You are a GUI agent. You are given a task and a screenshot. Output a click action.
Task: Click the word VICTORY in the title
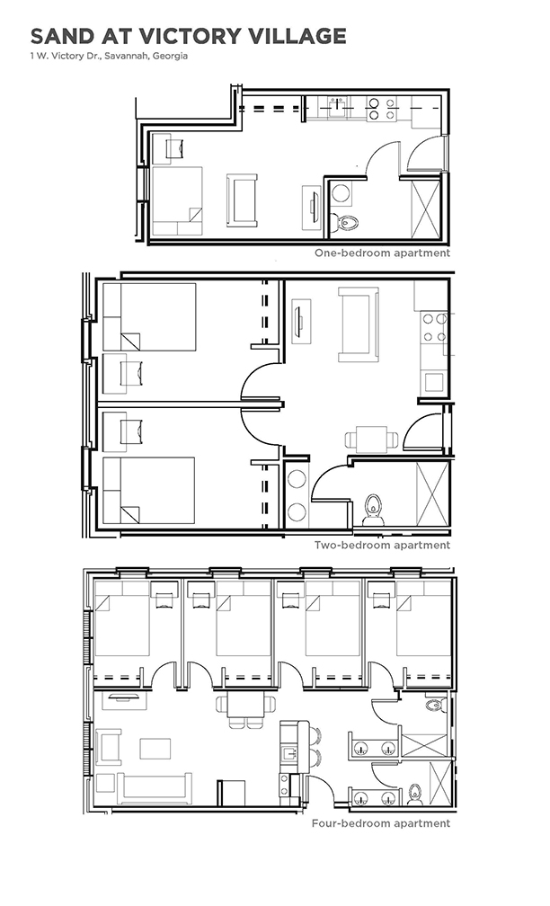[x=191, y=36]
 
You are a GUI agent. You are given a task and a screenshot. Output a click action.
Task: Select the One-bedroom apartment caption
[x=382, y=253]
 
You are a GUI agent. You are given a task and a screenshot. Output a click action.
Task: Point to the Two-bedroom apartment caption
[x=382, y=545]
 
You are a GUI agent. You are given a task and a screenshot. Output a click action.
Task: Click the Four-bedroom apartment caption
[x=381, y=823]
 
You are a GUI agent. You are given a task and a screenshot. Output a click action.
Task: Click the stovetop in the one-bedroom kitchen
[x=382, y=110]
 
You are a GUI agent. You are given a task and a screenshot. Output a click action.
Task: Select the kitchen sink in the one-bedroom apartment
[x=339, y=108]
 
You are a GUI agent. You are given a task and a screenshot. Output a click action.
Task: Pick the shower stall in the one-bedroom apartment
[x=425, y=209]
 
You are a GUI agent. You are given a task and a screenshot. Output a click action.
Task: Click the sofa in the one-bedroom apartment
[x=242, y=200]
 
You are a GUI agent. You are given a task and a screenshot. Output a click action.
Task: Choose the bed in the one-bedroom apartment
[x=177, y=201]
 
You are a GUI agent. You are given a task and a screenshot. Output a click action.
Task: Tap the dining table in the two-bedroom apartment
[x=371, y=440]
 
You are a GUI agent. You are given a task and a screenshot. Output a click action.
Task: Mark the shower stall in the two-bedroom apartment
[x=432, y=493]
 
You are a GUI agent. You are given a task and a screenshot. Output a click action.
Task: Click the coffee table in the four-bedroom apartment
[x=155, y=749]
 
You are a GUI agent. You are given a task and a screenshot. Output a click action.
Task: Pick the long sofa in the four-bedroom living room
[x=155, y=789]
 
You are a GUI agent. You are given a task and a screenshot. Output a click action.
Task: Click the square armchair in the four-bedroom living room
[x=109, y=747]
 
